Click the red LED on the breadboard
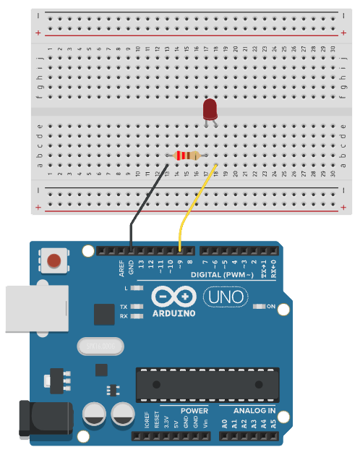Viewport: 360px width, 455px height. tap(210, 110)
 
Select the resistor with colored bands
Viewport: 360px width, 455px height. tap(187, 156)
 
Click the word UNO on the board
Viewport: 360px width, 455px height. tap(225, 297)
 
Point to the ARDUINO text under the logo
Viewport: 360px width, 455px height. tap(173, 313)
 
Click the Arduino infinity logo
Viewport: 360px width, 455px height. tap(173, 297)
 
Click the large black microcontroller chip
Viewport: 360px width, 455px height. tap(207, 383)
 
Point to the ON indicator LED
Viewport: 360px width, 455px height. tap(261, 307)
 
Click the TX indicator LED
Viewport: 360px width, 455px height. tap(137, 307)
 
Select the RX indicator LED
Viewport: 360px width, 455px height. tap(137, 316)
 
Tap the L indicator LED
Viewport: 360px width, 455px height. tap(137, 289)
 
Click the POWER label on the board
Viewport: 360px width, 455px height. tap(194, 411)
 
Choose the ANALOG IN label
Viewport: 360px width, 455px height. tap(252, 411)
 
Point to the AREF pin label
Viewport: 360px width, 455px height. tap(122, 268)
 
